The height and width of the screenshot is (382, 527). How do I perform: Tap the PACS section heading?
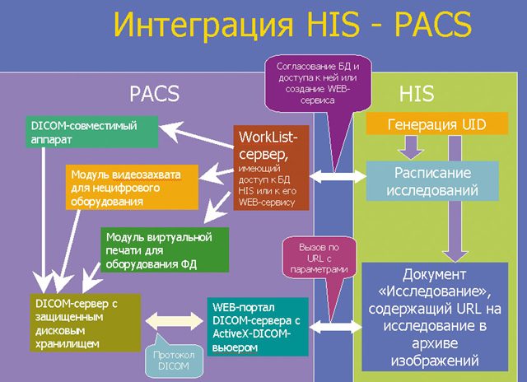click(x=154, y=93)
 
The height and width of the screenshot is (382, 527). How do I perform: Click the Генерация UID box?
click(x=424, y=124)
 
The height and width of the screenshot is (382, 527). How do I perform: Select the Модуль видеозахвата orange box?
click(x=132, y=187)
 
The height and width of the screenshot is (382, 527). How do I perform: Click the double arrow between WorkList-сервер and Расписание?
click(x=338, y=175)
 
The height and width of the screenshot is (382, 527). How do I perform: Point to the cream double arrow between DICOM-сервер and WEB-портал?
click(x=171, y=320)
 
